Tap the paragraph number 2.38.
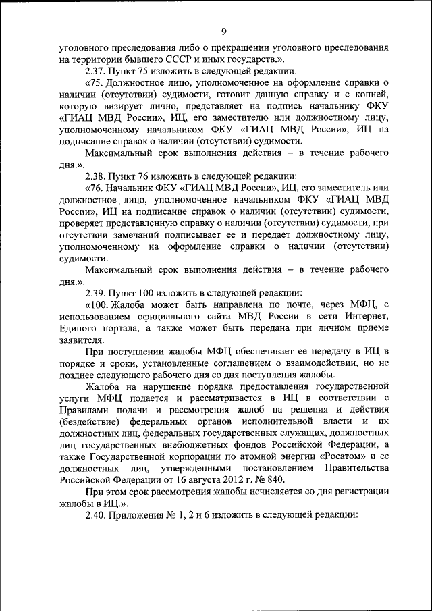(97, 176)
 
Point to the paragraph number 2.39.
(97, 292)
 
